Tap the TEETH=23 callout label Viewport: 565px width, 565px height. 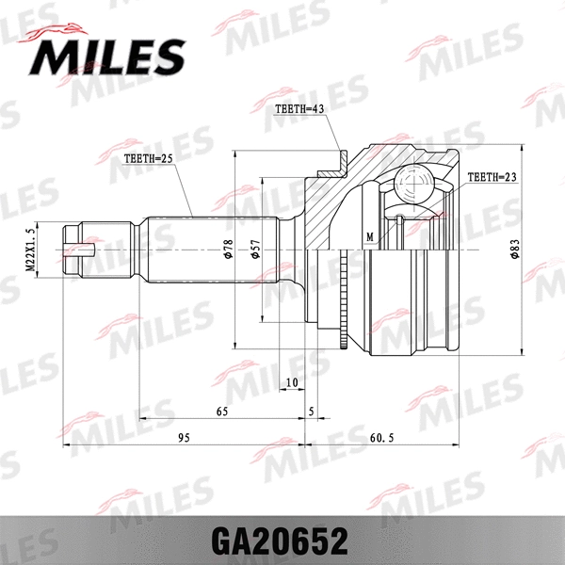click(x=492, y=176)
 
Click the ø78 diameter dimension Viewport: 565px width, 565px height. click(x=229, y=250)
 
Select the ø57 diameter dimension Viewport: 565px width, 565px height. click(x=255, y=250)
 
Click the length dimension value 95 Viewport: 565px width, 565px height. click(x=184, y=438)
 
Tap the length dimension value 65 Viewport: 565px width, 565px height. click(x=222, y=412)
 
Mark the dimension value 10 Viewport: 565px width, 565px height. click(x=291, y=381)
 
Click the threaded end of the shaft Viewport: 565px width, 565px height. click(x=80, y=250)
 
